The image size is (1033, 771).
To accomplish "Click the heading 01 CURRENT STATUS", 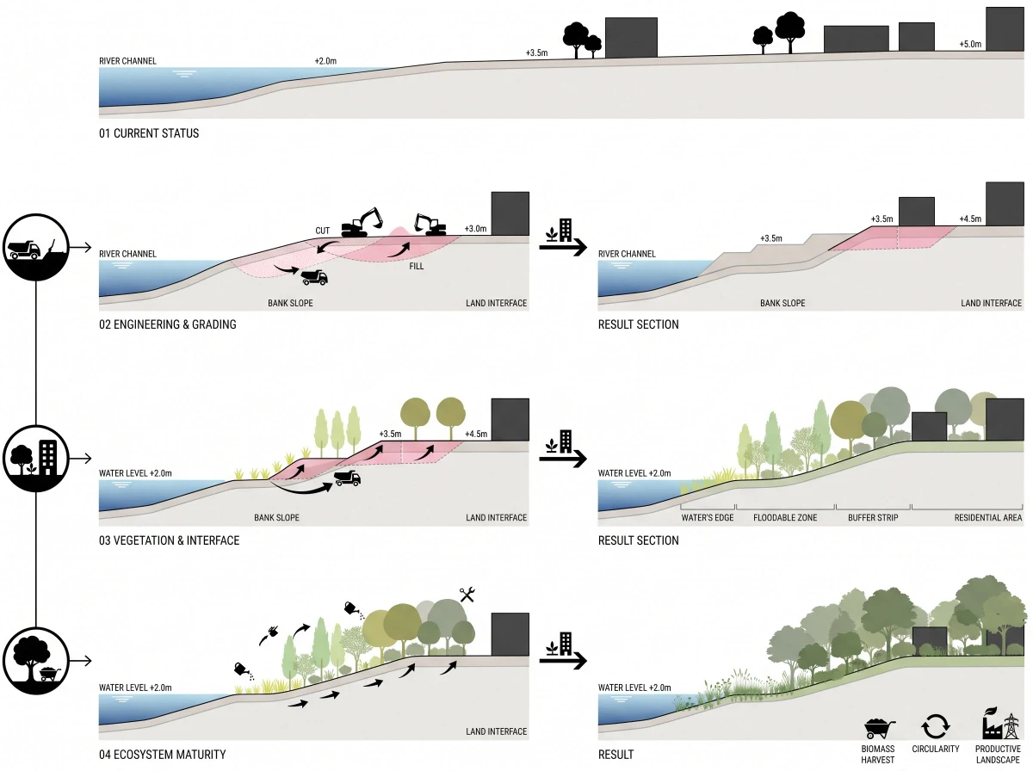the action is tap(149, 133).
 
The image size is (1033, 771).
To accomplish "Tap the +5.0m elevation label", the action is tap(970, 44).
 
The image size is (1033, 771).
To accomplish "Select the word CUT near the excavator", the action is tap(322, 231).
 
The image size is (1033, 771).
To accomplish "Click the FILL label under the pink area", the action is tap(417, 266).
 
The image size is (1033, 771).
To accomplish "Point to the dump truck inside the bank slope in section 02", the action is tap(314, 277).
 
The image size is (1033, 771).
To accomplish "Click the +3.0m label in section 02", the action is tap(475, 229).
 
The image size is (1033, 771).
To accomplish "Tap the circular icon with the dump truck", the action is tap(36, 247).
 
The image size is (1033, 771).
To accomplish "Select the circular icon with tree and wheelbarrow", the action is tap(36, 661).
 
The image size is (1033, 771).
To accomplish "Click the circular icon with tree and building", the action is tap(36, 458).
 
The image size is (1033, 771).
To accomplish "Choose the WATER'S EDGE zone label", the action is tap(708, 518).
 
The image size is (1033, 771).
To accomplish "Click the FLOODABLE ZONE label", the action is tap(785, 518).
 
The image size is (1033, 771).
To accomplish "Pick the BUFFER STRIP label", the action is tap(873, 518).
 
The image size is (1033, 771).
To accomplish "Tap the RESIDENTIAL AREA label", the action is tap(988, 518).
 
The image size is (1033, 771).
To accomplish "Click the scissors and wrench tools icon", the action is tap(467, 595).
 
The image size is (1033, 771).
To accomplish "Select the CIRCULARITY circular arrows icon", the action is tap(936, 726).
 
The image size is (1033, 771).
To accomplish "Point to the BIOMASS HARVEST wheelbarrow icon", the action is tap(879, 729).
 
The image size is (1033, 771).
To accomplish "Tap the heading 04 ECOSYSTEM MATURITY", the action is tap(163, 755).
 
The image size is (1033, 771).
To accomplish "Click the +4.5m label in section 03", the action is tap(476, 434).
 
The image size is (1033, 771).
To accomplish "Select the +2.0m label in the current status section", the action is tap(325, 61).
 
